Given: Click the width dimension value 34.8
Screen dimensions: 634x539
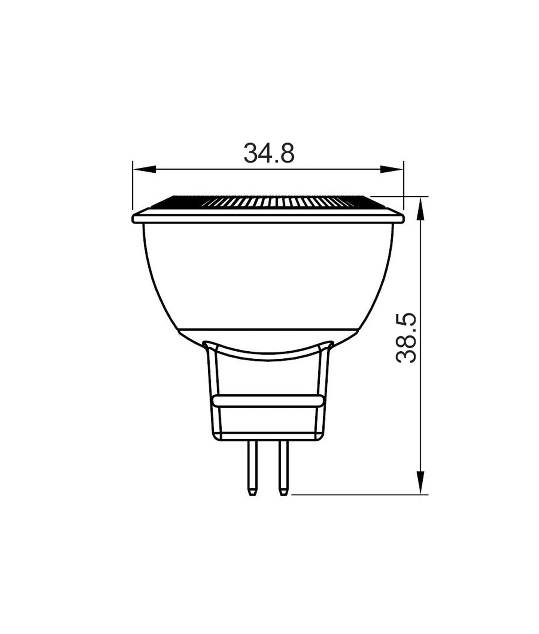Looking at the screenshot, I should [x=269, y=153].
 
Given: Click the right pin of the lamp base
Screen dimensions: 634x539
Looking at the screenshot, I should [x=283, y=466].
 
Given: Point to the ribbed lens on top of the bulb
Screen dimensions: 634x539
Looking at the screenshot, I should [x=268, y=202].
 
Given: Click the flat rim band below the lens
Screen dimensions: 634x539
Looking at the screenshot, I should [x=268, y=218].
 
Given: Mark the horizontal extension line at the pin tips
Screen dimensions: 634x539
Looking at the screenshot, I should [x=355, y=494].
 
